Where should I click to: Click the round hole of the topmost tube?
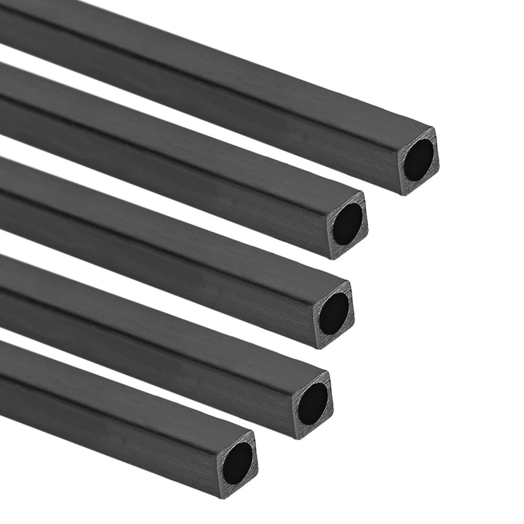[419, 160]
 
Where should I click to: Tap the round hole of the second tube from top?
[347, 224]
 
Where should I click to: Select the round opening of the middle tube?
[334, 313]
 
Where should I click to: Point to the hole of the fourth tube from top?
[313, 403]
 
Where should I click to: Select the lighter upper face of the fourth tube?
[157, 314]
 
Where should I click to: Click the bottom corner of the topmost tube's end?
[403, 194]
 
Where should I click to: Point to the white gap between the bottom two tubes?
[79, 343]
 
